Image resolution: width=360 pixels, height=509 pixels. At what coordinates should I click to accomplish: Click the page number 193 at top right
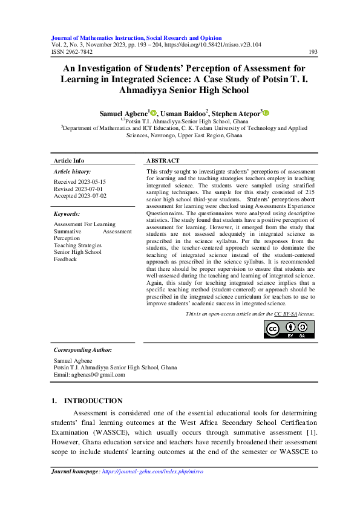(313, 52)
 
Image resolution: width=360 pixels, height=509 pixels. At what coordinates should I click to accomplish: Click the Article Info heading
(69, 161)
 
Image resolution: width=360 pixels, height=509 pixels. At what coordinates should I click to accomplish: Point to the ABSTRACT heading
(163, 161)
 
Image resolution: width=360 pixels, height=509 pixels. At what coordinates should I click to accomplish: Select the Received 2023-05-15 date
(80, 181)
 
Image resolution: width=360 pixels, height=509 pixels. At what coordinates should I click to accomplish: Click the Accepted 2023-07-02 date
(80, 196)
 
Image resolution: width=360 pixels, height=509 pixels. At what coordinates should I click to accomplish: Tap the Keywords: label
(67, 214)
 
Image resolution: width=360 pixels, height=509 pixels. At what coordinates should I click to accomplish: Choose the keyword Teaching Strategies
(77, 245)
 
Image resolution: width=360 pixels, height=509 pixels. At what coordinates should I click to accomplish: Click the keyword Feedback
(65, 259)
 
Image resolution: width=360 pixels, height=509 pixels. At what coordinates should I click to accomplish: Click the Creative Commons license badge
(289, 329)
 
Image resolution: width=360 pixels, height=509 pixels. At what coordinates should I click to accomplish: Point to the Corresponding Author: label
(82, 350)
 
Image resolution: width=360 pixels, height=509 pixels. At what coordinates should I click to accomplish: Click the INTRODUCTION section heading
(93, 401)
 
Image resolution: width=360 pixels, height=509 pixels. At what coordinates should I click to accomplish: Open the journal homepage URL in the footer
(152, 471)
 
